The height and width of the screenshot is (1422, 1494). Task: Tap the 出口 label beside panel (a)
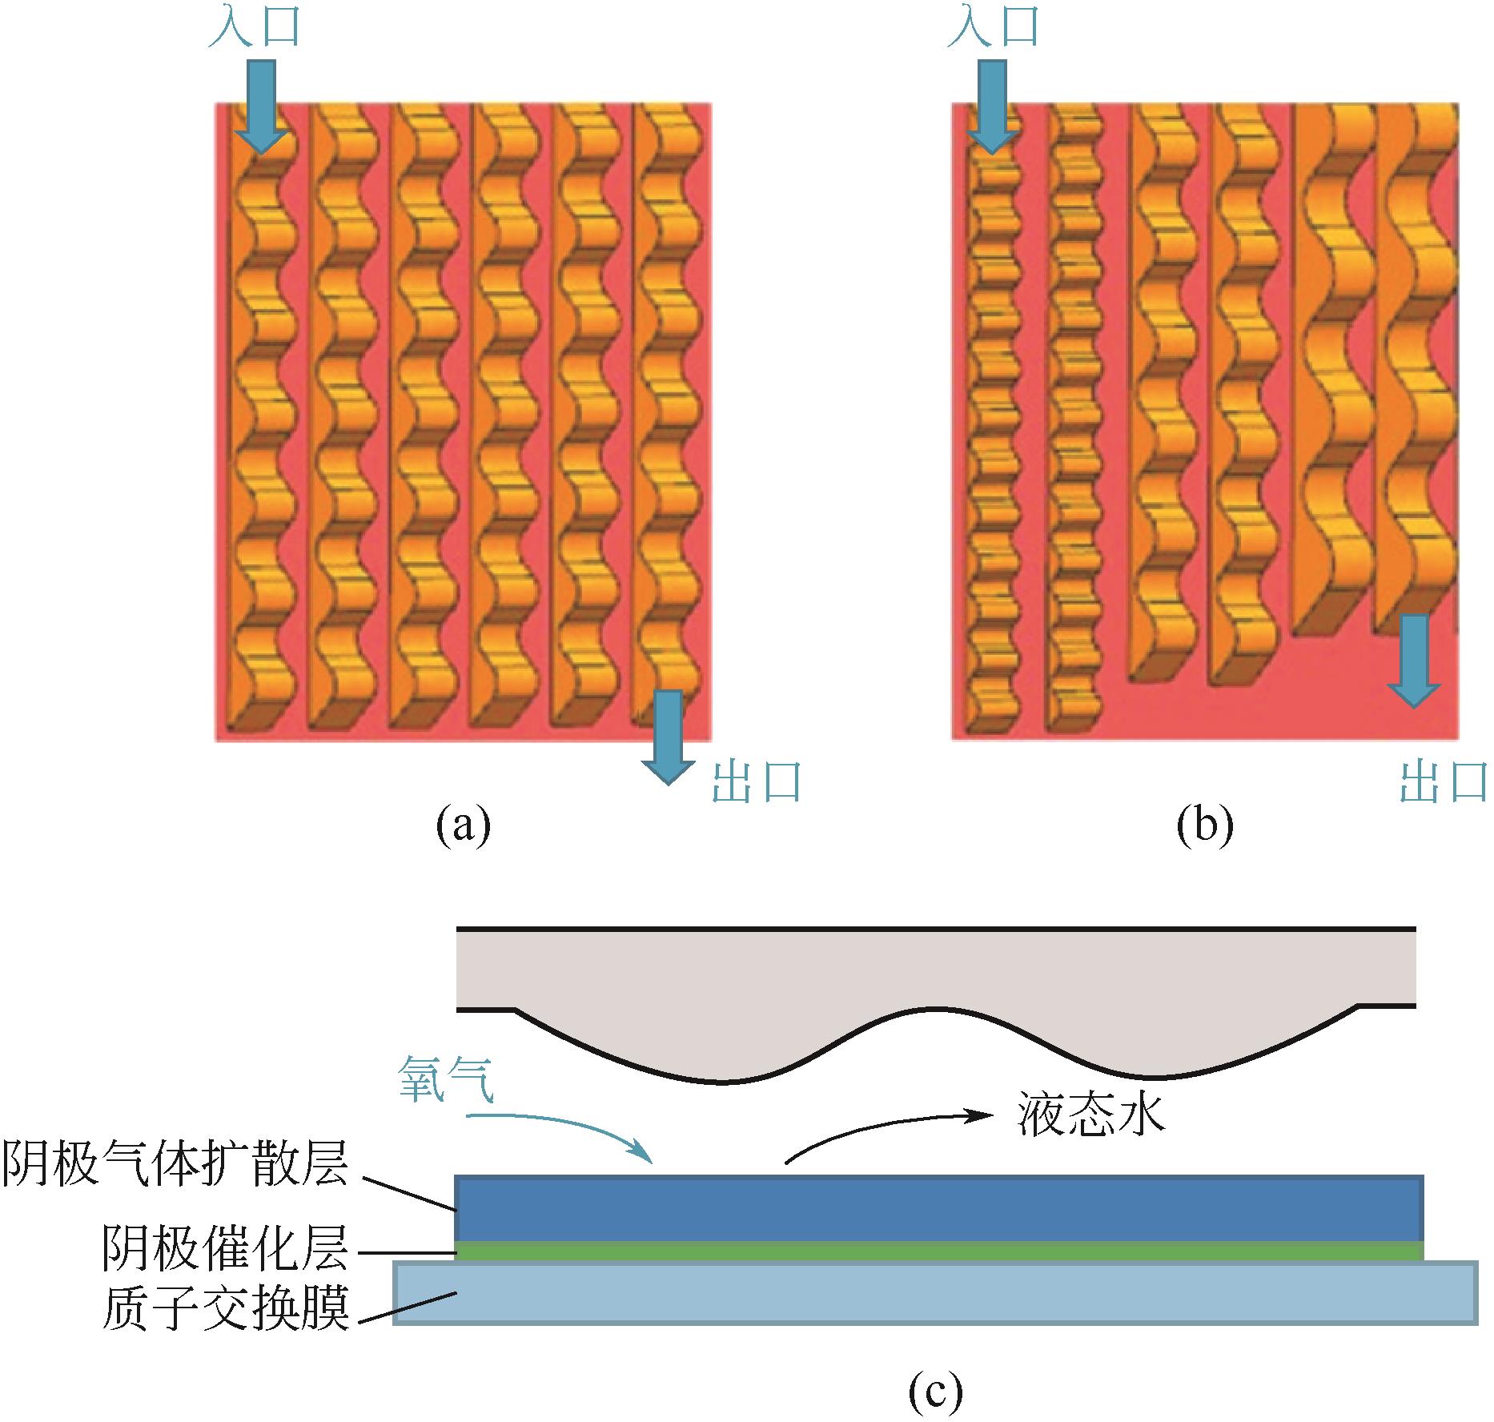coord(757,782)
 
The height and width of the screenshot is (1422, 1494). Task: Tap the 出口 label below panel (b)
coord(1444,782)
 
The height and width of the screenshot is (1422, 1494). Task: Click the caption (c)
coord(935,1394)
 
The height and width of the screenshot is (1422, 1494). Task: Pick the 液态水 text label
coord(1090,1115)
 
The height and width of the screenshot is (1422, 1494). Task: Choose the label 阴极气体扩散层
coord(175,1163)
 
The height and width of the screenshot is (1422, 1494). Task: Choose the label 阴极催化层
coord(226,1248)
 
